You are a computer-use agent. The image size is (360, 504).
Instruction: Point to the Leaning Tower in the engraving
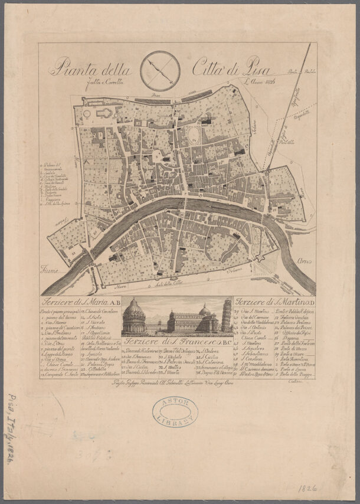(x=227, y=316)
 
